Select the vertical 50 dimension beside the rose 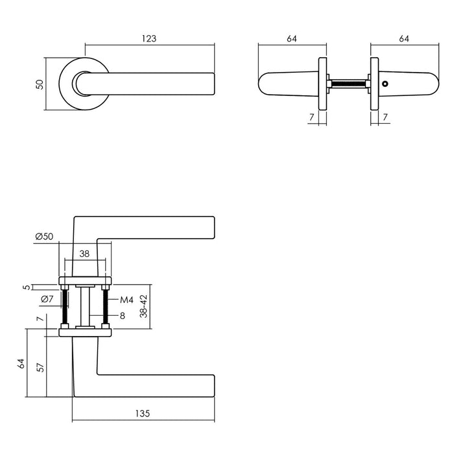(39, 84)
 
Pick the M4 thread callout (126, 300)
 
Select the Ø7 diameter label (47, 299)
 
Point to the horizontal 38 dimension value (84, 255)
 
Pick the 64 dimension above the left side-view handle (291, 39)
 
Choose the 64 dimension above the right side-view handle (403, 39)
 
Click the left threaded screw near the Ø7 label (65, 307)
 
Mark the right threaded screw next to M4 (104, 307)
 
